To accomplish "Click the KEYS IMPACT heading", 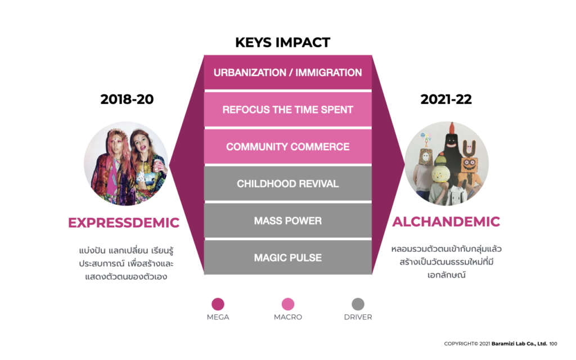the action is [x=282, y=42].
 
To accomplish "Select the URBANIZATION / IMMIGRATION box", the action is [x=287, y=72].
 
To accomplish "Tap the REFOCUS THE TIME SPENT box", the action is [x=287, y=109].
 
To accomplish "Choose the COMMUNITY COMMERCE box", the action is [x=287, y=146].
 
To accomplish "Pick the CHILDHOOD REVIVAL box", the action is [x=287, y=183].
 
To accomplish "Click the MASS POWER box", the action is [x=287, y=220].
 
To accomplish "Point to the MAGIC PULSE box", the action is [x=287, y=258].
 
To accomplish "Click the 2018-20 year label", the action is [x=127, y=99].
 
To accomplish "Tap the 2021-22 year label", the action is [x=446, y=99].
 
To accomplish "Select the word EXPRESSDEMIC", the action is [x=124, y=223].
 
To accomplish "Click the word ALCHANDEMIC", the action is [x=446, y=222].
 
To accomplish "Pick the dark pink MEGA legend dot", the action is [x=218, y=304].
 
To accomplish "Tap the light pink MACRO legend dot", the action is [x=287, y=304].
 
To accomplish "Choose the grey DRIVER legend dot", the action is [x=358, y=304].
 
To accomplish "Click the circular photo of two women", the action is [x=126, y=164].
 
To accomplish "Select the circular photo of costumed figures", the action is [x=446, y=164].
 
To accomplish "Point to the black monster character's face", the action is [x=452, y=142].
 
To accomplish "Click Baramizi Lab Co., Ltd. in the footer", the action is [x=519, y=344].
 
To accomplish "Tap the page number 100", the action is [x=553, y=344].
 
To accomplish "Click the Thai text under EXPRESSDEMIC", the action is [x=126, y=264].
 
